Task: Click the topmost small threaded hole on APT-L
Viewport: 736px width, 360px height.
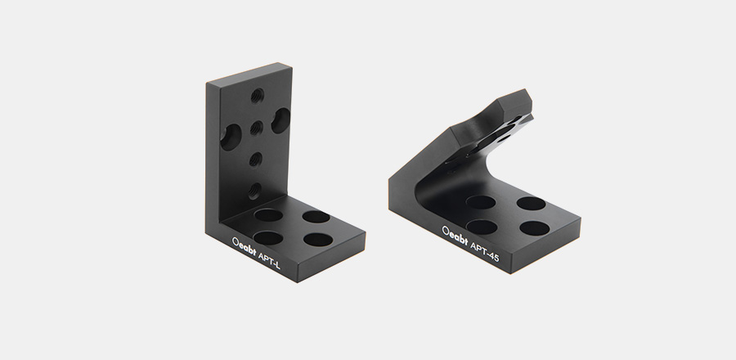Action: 257,96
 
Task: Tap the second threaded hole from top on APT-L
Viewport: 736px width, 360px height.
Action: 256,128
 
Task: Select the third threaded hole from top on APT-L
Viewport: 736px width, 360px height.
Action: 255,160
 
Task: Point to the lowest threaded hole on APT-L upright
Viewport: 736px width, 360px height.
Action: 254,191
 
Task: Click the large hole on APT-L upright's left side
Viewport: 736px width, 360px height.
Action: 231,137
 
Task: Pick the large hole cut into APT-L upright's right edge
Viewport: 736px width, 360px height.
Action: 280,120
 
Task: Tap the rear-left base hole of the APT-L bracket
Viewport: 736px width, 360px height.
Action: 268,215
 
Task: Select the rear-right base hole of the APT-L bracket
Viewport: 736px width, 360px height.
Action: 316,216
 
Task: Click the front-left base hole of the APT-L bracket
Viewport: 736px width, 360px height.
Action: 268,237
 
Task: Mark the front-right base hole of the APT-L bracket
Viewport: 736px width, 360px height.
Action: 318,240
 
